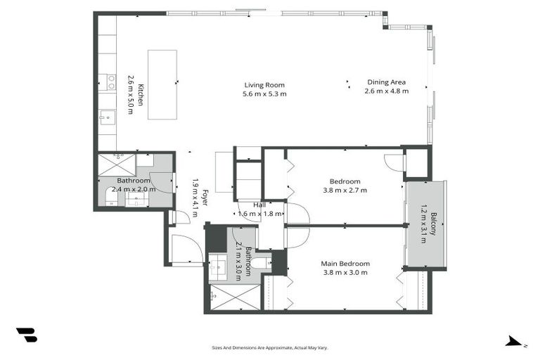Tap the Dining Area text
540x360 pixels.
386,82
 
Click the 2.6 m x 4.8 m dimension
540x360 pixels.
386,91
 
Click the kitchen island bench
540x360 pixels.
161,84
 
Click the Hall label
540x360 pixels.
259,205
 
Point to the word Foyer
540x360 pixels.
205,198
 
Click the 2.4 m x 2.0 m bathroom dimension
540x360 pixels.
133,189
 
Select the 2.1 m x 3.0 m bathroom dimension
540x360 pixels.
239,260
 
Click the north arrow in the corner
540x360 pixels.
514,342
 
